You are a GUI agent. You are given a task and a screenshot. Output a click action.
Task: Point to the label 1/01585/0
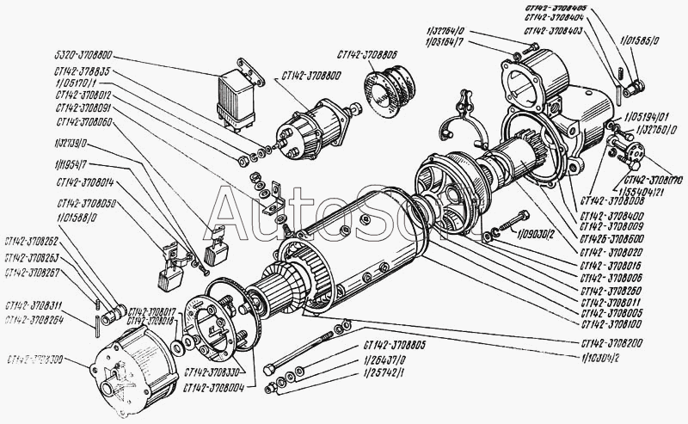637,40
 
